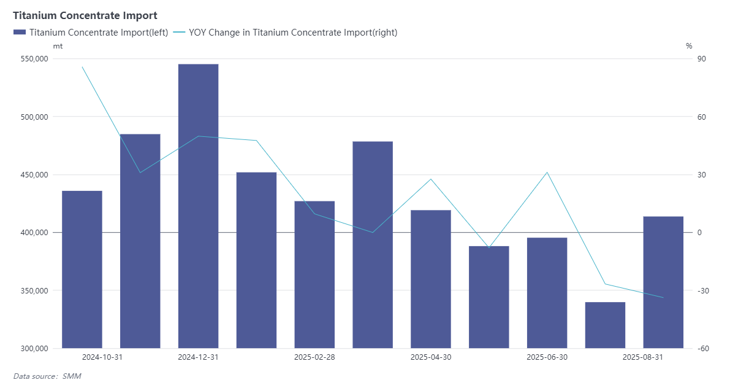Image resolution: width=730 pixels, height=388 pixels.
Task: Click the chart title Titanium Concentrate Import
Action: (x=85, y=15)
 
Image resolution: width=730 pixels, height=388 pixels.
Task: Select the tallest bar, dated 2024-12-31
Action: (x=198, y=206)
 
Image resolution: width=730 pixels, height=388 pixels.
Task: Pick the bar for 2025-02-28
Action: (x=314, y=274)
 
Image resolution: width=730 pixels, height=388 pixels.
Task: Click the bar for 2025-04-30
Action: (x=431, y=279)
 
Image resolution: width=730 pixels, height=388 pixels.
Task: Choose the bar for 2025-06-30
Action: (x=547, y=292)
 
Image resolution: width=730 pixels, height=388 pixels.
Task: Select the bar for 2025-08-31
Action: (x=663, y=282)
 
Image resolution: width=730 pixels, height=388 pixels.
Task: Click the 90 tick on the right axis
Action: (x=701, y=59)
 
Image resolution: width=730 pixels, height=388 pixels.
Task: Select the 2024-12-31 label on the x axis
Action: (x=198, y=357)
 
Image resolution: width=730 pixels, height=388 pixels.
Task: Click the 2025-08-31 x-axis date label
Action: (x=642, y=357)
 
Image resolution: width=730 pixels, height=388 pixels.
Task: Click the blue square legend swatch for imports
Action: (x=19, y=33)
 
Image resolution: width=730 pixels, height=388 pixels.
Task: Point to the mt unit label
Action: (x=58, y=46)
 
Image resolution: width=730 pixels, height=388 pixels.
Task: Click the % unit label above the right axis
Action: (x=689, y=46)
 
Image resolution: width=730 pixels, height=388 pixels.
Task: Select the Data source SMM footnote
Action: (x=47, y=376)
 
